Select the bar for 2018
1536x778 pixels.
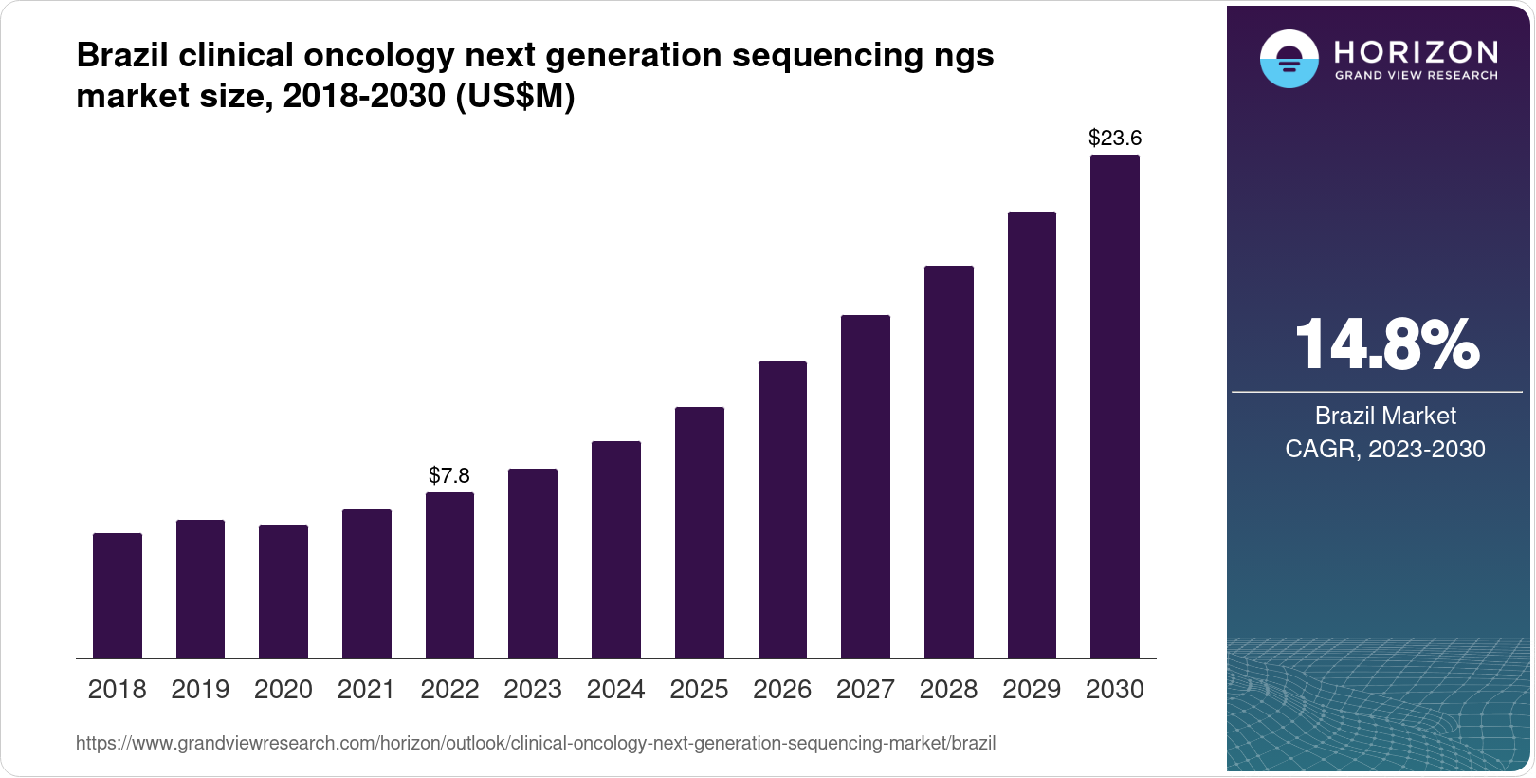click(x=118, y=596)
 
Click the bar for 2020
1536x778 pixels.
click(x=283, y=591)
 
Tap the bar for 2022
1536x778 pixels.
click(x=449, y=575)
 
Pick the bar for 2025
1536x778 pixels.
click(x=700, y=532)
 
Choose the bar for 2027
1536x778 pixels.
click(x=866, y=487)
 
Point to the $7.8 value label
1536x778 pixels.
click(x=449, y=475)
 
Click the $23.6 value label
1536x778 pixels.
click(x=1115, y=139)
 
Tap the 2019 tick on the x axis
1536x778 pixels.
click(x=200, y=690)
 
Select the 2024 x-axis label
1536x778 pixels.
click(x=616, y=690)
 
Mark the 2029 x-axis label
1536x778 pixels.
click(x=1032, y=690)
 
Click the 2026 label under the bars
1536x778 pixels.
click(x=782, y=690)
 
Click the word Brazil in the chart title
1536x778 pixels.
click(x=122, y=56)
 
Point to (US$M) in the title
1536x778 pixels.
click(x=515, y=97)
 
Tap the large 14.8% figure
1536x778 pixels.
click(x=1385, y=345)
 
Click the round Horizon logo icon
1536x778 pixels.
click(x=1289, y=60)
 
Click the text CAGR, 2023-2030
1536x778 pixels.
click(x=1384, y=449)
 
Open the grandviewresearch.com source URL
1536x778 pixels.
click(x=536, y=744)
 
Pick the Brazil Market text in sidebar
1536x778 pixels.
click(x=1384, y=416)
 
